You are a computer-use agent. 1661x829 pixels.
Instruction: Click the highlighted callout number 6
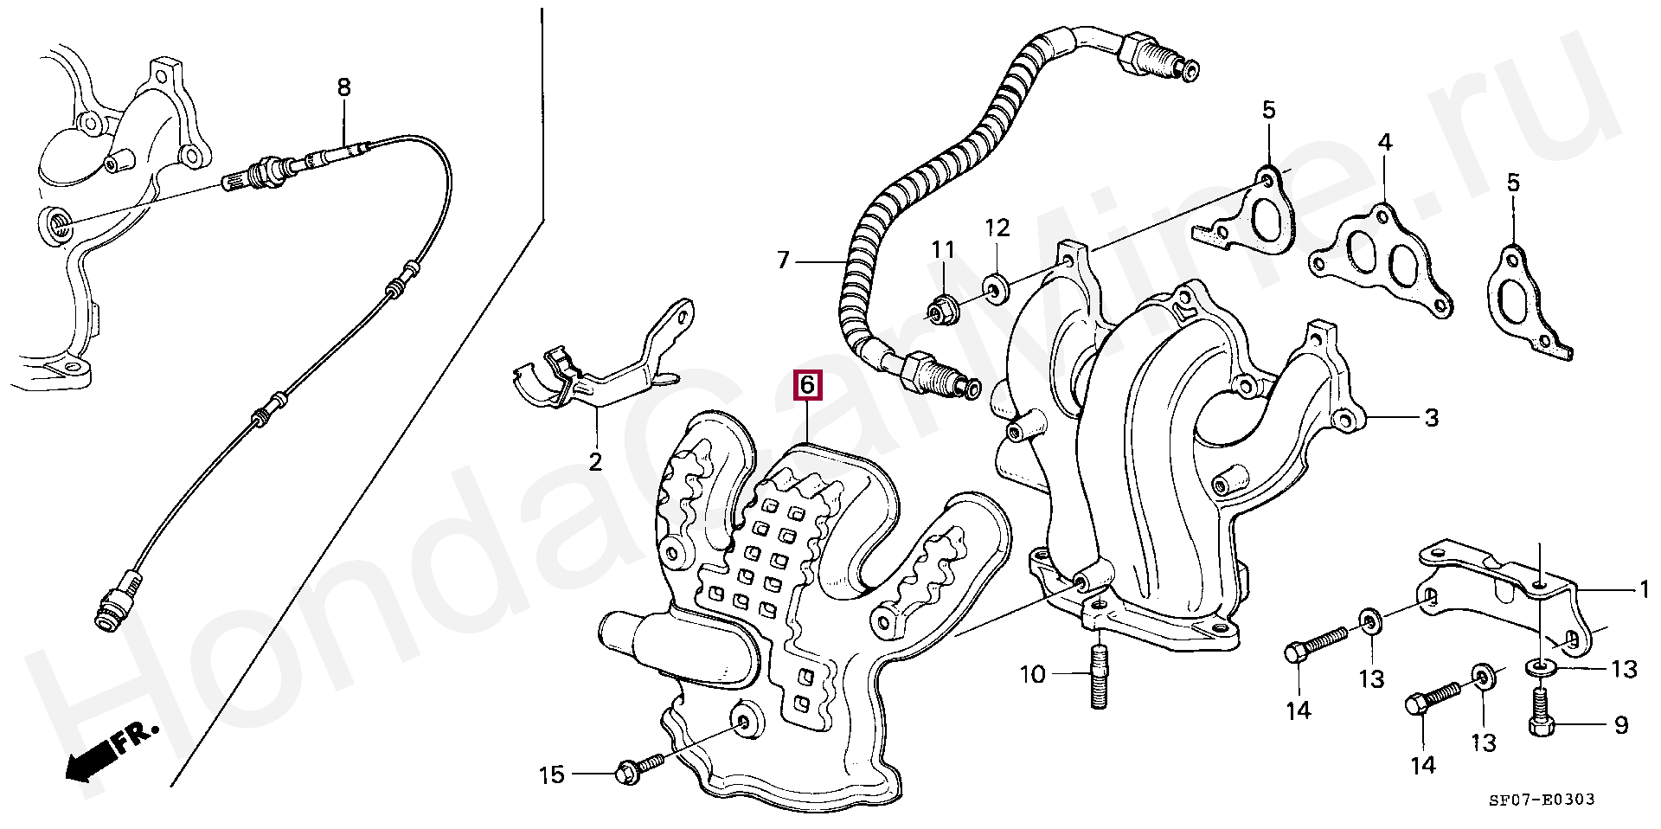click(x=806, y=384)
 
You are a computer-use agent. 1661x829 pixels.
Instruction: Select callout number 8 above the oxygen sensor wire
click(x=343, y=87)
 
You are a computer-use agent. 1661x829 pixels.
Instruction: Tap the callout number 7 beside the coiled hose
click(x=783, y=260)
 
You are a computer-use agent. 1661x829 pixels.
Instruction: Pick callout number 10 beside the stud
click(x=1033, y=674)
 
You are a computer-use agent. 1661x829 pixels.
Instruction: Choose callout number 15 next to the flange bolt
click(x=552, y=774)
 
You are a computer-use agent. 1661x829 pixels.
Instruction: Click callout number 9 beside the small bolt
click(x=1621, y=725)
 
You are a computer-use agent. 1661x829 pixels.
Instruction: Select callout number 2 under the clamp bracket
click(x=595, y=461)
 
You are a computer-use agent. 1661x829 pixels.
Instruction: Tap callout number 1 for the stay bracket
click(x=1645, y=590)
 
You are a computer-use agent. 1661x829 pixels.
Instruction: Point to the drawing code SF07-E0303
click(x=1541, y=800)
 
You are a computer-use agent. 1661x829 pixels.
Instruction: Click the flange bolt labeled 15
click(x=638, y=768)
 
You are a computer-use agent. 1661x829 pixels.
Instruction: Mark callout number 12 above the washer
click(x=997, y=228)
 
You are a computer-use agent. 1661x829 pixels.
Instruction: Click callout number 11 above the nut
click(x=942, y=250)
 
